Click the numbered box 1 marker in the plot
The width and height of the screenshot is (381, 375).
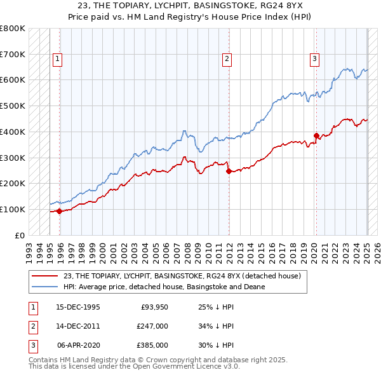click(57, 59)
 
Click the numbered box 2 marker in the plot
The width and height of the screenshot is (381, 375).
click(227, 59)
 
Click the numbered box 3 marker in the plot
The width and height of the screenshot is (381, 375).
click(314, 59)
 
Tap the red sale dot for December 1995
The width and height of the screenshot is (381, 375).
click(60, 211)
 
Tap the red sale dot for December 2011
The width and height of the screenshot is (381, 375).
click(229, 171)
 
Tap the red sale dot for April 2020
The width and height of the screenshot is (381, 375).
click(316, 135)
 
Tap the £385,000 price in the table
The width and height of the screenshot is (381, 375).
click(152, 345)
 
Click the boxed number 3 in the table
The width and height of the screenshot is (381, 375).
click(30, 345)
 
